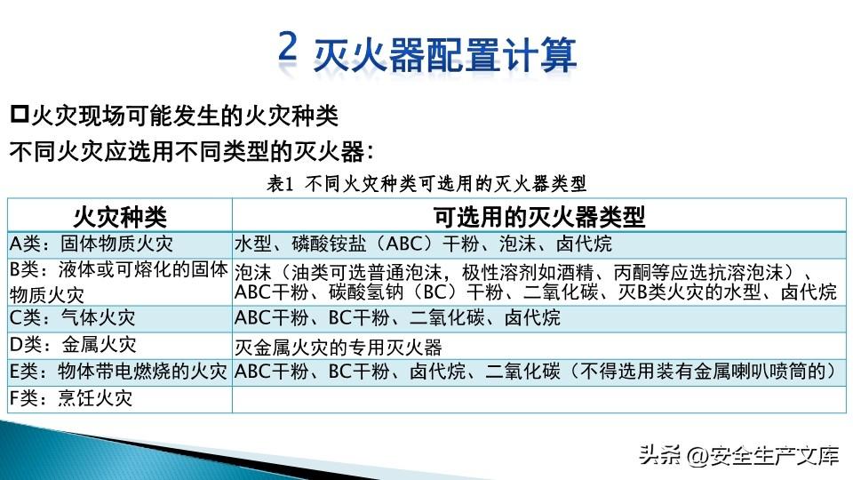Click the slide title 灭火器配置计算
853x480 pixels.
click(x=445, y=54)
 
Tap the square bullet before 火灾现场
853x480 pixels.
click(x=19, y=114)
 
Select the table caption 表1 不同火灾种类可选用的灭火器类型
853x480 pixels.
click(x=426, y=184)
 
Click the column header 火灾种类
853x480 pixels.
click(x=120, y=217)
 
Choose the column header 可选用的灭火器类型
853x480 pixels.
click(x=539, y=217)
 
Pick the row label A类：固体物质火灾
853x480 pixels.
click(x=91, y=244)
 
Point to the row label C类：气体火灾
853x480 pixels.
click(x=72, y=318)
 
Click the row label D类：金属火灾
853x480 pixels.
click(x=72, y=345)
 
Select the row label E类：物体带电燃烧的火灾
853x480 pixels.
click(x=118, y=372)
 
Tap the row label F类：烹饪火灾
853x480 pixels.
click(x=71, y=398)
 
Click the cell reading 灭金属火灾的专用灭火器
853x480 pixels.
click(x=338, y=347)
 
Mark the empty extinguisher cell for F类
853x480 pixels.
click(x=538, y=399)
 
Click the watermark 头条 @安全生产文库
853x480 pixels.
click(x=738, y=455)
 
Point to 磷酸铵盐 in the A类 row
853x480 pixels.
click(x=329, y=244)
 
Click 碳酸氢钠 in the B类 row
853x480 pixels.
click(x=366, y=292)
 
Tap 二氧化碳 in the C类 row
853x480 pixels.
click(x=447, y=318)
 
